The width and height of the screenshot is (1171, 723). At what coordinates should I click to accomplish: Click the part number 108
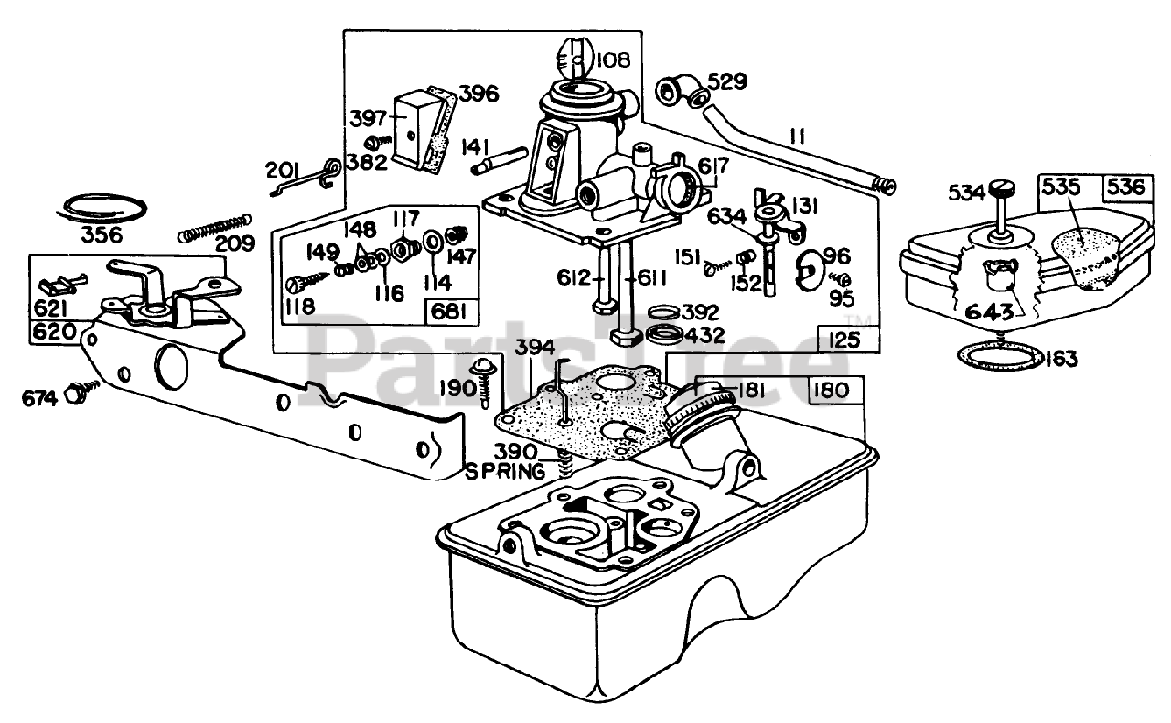click(613, 59)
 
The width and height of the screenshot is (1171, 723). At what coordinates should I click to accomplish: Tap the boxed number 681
click(449, 312)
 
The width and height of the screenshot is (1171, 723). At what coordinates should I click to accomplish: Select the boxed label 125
click(844, 340)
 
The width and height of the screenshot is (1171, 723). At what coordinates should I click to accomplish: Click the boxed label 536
click(1125, 188)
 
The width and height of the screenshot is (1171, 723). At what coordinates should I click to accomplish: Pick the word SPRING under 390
click(505, 471)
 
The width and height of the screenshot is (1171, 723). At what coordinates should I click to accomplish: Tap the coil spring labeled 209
click(215, 228)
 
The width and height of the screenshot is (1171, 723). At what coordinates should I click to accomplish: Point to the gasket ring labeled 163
click(1001, 356)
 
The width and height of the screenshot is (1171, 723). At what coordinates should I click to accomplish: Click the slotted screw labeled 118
click(311, 280)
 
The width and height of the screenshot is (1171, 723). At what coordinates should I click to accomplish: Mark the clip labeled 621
click(60, 286)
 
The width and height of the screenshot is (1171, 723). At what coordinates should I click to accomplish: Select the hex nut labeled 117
click(406, 246)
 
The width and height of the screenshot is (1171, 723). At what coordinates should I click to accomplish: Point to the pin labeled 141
click(499, 160)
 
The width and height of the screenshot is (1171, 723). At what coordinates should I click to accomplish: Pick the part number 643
click(989, 312)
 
